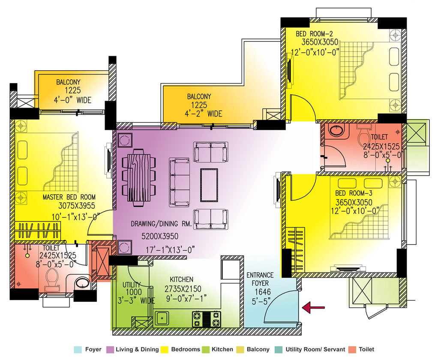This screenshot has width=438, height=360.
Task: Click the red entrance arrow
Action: click(313, 307)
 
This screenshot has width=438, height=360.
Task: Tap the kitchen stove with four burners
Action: click(207, 319)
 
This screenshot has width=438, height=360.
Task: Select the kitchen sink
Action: click(161, 319)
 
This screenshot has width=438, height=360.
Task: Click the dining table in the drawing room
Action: click(139, 177)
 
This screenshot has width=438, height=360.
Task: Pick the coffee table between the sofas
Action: click(209, 185)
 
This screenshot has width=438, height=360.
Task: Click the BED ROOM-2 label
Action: click(314, 34)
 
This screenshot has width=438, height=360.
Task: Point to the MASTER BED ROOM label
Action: click(69, 197)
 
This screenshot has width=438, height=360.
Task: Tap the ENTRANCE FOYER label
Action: click(260, 279)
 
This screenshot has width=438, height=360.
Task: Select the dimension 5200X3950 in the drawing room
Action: click(160, 236)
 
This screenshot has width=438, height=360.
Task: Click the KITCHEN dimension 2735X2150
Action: click(183, 289)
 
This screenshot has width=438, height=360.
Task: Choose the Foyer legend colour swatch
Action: click(78, 349)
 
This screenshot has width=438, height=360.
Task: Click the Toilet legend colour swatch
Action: click(352, 349)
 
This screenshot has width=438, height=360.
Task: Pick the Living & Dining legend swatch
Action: click(110, 349)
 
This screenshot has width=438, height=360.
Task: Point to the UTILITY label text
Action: click(131, 285)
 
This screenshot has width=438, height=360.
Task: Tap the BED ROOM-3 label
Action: click(354, 193)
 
